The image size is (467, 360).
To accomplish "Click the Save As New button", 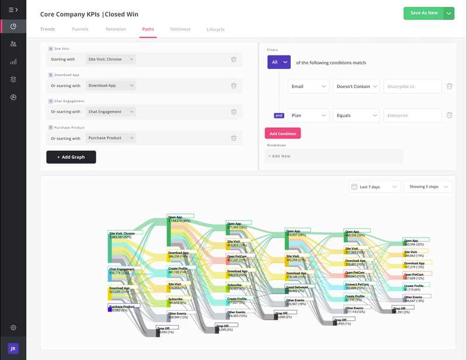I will (423, 13).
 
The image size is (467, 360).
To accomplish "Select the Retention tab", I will (116, 29).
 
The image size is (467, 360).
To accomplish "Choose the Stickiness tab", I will (180, 29).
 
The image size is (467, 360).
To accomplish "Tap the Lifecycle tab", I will (215, 29).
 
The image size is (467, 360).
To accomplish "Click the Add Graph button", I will (71, 157).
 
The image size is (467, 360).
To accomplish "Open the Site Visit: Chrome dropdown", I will (110, 59).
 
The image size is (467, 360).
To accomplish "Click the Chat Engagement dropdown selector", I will (110, 111).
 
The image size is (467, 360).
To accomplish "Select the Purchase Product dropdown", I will (110, 138).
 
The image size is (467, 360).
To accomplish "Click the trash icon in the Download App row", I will (233, 85).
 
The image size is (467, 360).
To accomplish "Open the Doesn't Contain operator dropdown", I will (356, 86).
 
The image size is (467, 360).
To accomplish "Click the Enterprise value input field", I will (412, 116).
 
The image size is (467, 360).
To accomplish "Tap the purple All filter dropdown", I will (279, 62).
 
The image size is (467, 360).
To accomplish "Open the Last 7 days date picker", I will (375, 187).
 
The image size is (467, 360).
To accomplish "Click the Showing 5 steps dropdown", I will (428, 187).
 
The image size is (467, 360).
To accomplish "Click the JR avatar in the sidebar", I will (13, 348).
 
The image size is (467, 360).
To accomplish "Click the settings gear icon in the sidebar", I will (13, 328).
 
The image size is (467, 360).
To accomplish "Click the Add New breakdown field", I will (334, 156).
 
